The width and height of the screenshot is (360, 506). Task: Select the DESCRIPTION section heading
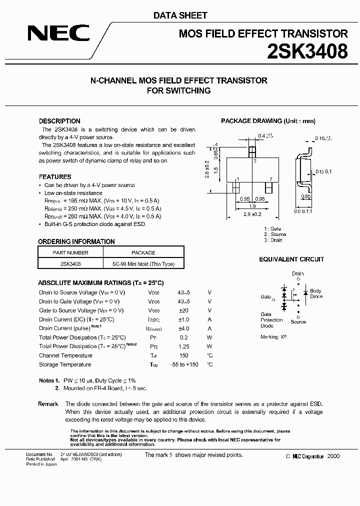pos(59,121)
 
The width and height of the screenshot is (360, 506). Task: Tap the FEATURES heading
pos(55,176)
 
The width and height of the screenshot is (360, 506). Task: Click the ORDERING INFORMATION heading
pos(76,241)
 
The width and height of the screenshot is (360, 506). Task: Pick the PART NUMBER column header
pos(70,252)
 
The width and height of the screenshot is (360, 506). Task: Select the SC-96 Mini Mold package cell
pos(143,264)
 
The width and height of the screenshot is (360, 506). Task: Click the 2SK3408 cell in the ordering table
pos(70,264)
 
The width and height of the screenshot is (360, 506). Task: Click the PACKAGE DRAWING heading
pos(268,121)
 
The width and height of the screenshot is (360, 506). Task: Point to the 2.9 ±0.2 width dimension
pos(253,213)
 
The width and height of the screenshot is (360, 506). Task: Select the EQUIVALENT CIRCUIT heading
pos(291,259)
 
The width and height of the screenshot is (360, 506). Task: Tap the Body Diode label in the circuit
pos(316,293)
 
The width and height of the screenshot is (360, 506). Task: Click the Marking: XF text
pos(273,337)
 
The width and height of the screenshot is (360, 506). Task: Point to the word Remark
pos(48,403)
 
